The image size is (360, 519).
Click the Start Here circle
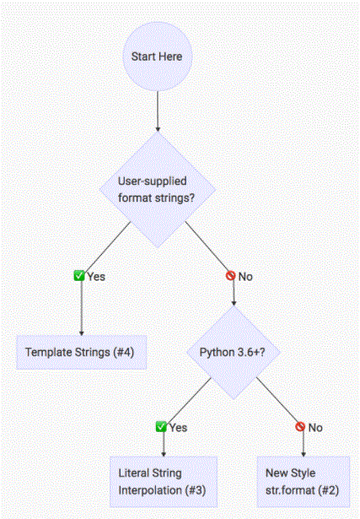pos(158,57)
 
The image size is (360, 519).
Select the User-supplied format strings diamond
pos(158,190)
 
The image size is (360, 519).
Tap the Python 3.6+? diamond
pos(234,352)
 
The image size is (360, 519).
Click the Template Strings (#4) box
pos(81,352)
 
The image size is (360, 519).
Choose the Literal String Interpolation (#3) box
pos(164,482)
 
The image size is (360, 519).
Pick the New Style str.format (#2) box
pos(304,482)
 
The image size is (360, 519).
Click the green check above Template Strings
pos(79,275)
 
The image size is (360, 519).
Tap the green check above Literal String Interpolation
pos(161,427)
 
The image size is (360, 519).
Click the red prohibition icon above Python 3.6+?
pos(231,275)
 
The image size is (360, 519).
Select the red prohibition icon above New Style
pos(300,427)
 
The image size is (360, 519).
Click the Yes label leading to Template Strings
pos(96,277)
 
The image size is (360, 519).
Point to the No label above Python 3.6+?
pos(245,277)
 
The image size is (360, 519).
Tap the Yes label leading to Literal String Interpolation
pos(178,428)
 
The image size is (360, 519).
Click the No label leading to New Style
pos(315,428)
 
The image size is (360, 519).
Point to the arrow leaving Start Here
pos(158,111)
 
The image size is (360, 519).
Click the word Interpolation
pos(150,490)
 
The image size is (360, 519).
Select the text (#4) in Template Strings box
pos(123,352)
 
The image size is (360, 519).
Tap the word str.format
pos(290,490)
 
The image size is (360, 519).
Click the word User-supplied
pos(152,181)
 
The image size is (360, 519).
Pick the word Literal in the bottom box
pos(131,473)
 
